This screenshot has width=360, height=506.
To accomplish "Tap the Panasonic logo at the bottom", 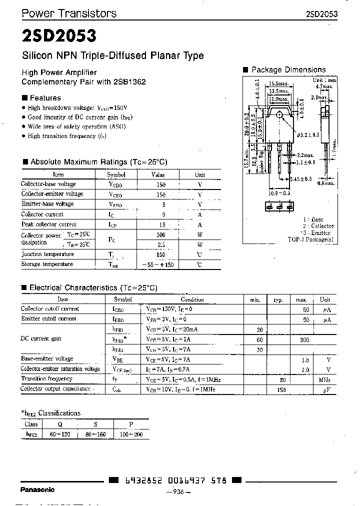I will [x=37, y=489].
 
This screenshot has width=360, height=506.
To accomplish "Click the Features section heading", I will [x=45, y=98].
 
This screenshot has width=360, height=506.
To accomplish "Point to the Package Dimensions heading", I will [x=288, y=70].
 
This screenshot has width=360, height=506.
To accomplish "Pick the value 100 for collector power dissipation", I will [x=161, y=234].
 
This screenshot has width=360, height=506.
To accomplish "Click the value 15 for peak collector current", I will [x=161, y=224].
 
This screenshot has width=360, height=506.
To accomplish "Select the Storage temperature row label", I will [x=47, y=264].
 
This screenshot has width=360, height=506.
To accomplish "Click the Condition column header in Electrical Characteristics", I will [x=192, y=299].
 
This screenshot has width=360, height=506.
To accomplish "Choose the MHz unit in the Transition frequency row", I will [x=325, y=379].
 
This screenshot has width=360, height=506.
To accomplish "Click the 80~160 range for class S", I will [x=95, y=434].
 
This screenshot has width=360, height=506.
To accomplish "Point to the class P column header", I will [x=131, y=424].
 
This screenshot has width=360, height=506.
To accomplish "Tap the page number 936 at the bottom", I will [x=178, y=492].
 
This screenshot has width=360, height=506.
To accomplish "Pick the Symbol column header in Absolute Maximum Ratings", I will [x=116, y=175].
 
